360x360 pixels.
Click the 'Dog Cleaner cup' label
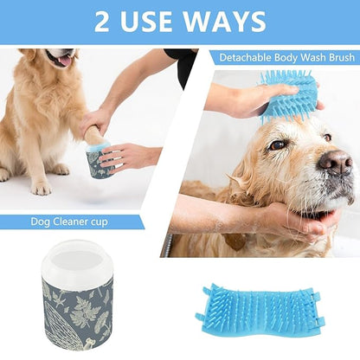point(69,222)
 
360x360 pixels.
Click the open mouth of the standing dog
point(63,59)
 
